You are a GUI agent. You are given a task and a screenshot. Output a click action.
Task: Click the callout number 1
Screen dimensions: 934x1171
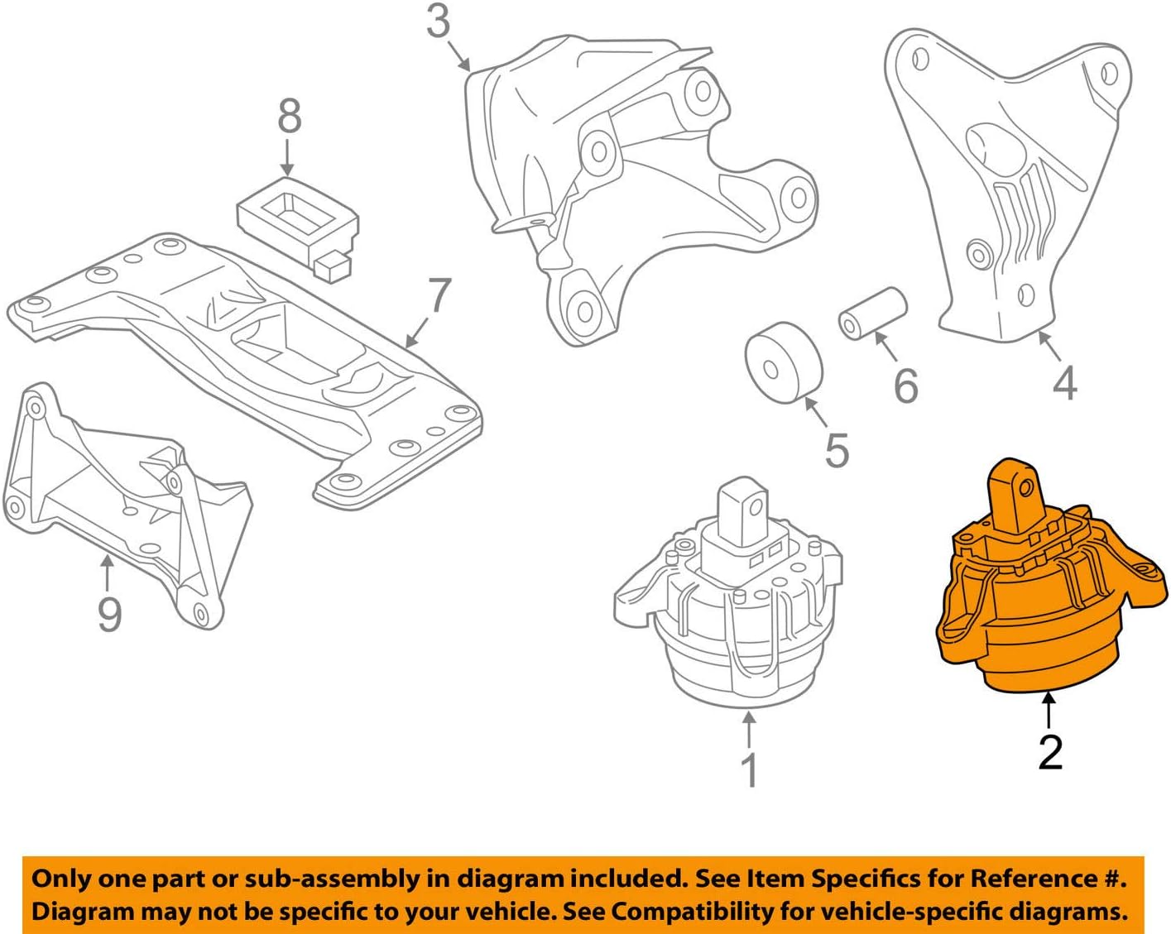749,770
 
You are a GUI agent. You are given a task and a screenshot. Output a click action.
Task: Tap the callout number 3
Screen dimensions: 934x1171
439,22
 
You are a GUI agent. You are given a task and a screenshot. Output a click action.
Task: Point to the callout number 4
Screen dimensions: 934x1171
1064,383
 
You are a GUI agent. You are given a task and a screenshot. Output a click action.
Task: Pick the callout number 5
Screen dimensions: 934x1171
837,450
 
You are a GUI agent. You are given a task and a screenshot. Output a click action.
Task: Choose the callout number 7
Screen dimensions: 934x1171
439,295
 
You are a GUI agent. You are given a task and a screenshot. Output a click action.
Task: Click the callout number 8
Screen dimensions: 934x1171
289,116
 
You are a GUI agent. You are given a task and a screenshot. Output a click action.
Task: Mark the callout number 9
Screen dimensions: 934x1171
109,614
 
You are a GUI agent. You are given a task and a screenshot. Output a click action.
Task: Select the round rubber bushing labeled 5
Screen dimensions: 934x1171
783,363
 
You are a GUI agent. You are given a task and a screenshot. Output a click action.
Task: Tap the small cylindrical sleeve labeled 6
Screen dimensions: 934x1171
873,314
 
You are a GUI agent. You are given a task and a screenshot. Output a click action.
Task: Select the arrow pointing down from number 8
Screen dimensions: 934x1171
288,157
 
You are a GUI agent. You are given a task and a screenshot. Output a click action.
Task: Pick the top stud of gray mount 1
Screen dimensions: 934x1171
742,506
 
